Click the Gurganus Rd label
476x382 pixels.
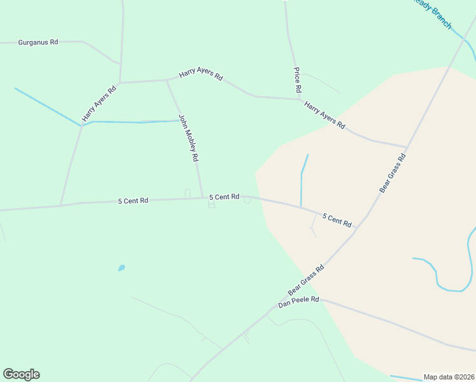point(38,42)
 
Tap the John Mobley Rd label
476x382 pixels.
point(189,138)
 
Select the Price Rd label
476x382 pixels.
point(297,80)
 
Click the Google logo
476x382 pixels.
point(21,374)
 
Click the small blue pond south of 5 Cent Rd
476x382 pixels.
point(122,268)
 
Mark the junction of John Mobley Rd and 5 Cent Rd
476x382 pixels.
point(202,197)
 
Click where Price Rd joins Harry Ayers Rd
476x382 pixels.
point(298,99)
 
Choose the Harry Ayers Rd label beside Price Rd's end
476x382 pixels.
point(325,115)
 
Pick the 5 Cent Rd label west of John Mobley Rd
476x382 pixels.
point(133,201)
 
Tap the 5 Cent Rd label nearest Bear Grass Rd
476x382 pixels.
point(337,220)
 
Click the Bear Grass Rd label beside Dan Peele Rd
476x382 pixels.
point(306,280)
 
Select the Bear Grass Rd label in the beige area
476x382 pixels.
point(393,173)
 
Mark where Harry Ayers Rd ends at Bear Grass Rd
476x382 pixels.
point(407,146)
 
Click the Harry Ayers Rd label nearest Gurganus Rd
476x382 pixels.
point(100,104)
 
